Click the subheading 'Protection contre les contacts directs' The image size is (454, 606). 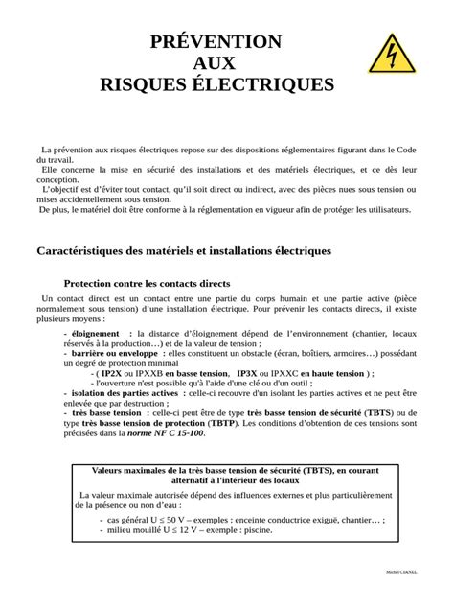coord(147,284)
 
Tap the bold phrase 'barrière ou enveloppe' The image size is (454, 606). coord(102,353)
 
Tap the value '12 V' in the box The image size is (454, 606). coord(187,528)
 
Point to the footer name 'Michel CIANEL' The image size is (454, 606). coord(401,571)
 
